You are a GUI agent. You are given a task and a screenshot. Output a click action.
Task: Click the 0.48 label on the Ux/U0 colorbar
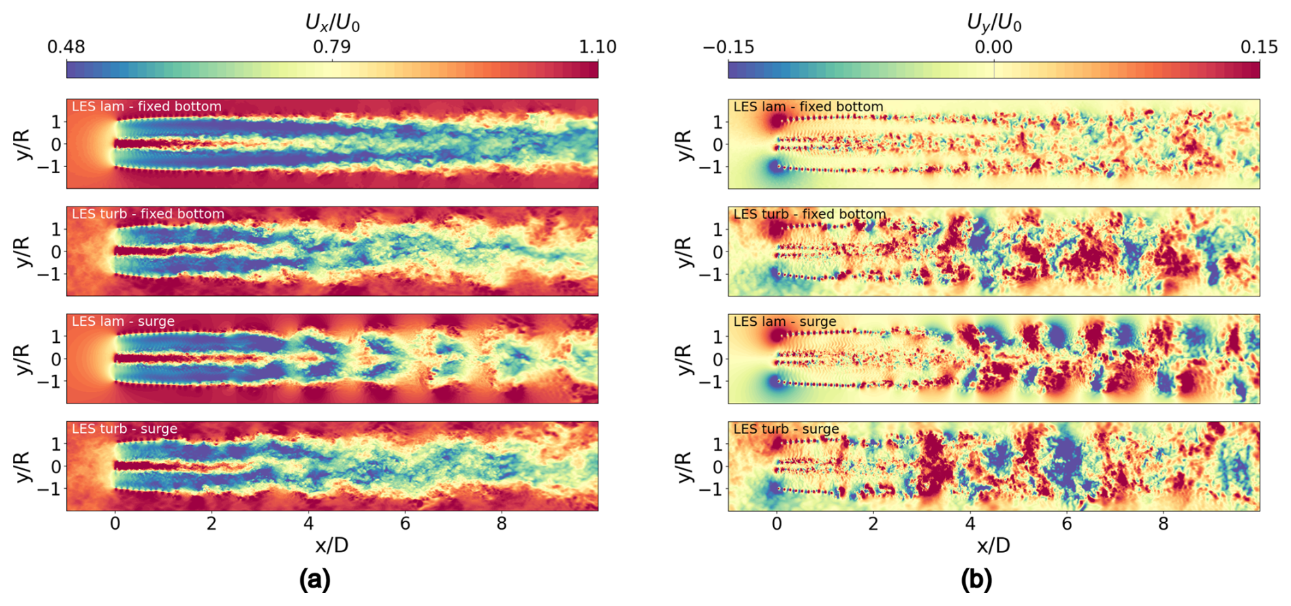pyautogui.click(x=66, y=46)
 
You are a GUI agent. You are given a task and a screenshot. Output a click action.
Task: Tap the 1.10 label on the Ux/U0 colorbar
pyautogui.click(x=598, y=46)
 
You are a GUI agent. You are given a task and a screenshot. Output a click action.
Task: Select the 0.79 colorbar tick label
pyautogui.click(x=332, y=46)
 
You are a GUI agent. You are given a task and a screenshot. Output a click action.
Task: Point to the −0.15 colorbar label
pyautogui.click(x=728, y=46)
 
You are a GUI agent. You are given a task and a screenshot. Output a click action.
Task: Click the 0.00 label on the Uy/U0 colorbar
pyautogui.click(x=993, y=46)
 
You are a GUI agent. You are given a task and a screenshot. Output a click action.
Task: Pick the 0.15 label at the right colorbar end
pyautogui.click(x=1260, y=46)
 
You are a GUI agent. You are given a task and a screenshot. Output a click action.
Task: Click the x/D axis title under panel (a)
pyautogui.click(x=332, y=545)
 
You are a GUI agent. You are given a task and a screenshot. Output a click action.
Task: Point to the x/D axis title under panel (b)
pyautogui.click(x=993, y=545)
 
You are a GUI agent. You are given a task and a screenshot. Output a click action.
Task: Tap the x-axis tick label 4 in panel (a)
pyautogui.click(x=308, y=524)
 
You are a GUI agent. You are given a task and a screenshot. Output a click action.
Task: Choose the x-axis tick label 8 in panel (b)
pyautogui.click(x=1163, y=524)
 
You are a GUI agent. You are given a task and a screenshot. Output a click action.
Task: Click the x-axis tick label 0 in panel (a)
pyautogui.click(x=115, y=524)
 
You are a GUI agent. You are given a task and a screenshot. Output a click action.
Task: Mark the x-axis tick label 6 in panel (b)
pyautogui.click(x=1067, y=524)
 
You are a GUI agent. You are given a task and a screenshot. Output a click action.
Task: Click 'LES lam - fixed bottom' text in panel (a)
pyautogui.click(x=147, y=106)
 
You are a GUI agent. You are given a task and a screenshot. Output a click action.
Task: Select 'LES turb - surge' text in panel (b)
pyautogui.click(x=786, y=429)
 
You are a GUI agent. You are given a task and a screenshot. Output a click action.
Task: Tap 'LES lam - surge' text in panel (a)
pyautogui.click(x=123, y=321)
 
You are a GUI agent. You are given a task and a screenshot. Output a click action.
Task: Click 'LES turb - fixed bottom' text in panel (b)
pyautogui.click(x=809, y=214)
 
